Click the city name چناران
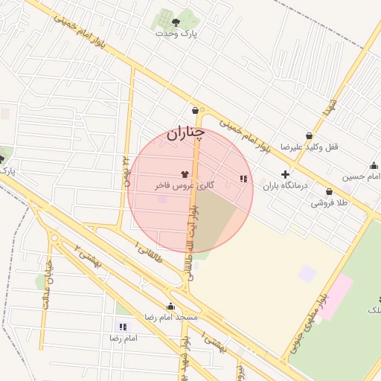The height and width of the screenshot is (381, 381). (185, 134)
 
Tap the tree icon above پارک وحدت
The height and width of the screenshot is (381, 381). (176, 22)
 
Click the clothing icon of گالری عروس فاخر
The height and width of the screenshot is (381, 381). (185, 173)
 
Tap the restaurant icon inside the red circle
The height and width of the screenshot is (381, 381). (243, 179)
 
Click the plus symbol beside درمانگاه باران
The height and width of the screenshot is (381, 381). (285, 174)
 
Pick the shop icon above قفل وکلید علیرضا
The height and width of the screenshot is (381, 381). (309, 135)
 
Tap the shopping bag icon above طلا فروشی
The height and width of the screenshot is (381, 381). (329, 191)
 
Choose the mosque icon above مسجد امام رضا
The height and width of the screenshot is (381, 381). (170, 306)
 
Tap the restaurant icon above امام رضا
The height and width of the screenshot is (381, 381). (123, 327)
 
